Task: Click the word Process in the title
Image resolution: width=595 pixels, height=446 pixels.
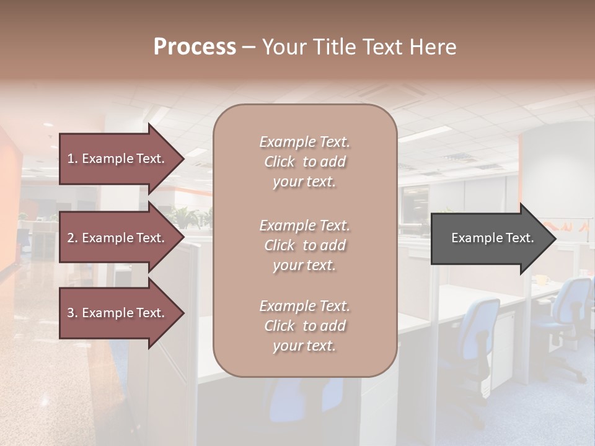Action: point(195,47)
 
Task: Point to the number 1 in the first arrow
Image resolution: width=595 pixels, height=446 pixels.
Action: point(71,159)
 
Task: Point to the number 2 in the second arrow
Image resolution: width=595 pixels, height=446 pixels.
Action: point(71,238)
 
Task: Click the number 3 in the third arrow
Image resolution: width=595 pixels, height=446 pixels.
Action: point(71,313)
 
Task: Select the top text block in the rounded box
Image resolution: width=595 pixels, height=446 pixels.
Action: point(304,162)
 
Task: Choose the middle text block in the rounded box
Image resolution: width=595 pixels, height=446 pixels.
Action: point(304,245)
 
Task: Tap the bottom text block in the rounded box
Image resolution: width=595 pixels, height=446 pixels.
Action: point(304,326)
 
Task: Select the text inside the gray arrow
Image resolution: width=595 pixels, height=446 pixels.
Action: point(493,238)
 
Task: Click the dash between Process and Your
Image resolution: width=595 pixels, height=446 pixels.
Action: point(249,48)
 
